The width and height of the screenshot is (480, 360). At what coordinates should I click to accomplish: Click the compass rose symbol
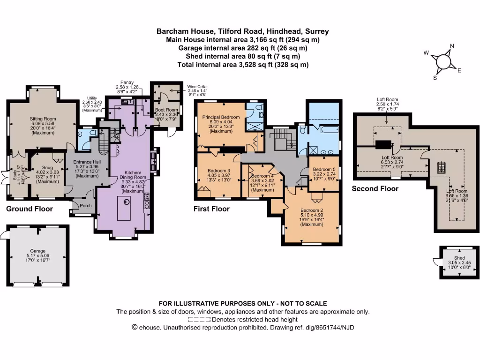(x=443, y=61)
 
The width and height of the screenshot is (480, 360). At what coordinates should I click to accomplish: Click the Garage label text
(x=38, y=251)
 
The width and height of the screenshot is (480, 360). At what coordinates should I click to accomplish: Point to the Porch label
(x=86, y=205)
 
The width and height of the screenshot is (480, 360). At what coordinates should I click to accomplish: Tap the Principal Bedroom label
(x=221, y=117)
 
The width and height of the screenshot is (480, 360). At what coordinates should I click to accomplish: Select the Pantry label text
(x=127, y=82)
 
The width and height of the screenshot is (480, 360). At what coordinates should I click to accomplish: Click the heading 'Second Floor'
(x=375, y=188)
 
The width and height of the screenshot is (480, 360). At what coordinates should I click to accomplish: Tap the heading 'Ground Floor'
(x=29, y=209)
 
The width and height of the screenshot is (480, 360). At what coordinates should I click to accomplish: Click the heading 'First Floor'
(x=211, y=209)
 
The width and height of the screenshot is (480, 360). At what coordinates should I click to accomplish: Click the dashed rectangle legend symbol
(x=199, y=319)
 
